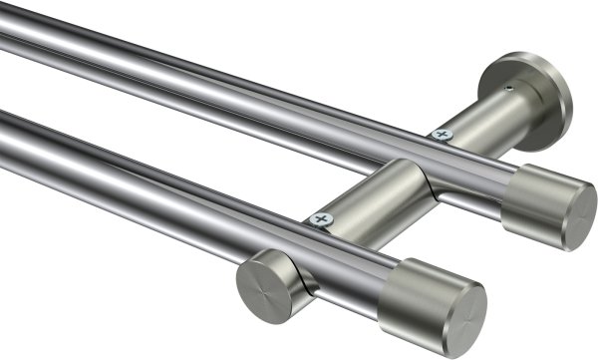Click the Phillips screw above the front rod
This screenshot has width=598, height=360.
point(320,216)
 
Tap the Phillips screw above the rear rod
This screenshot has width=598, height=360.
point(440,133)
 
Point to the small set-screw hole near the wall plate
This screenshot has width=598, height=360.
point(508,89)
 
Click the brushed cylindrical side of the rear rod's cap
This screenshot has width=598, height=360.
point(528,198)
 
